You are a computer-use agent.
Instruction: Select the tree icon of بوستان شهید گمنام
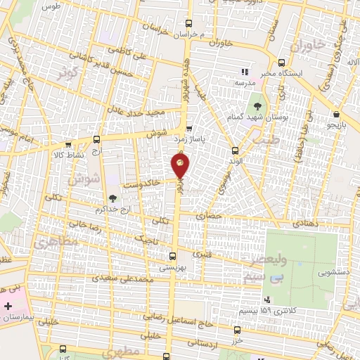tap(255, 107)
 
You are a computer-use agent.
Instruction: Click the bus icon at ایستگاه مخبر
tap(282, 62)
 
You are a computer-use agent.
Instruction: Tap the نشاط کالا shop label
tap(69, 153)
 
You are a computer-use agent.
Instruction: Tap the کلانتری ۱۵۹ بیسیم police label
tap(275, 310)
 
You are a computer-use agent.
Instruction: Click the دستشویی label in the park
tap(333, 271)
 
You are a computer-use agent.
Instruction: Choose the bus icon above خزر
tap(236, 329)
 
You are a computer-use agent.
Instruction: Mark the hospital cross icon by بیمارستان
tap(8, 307)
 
